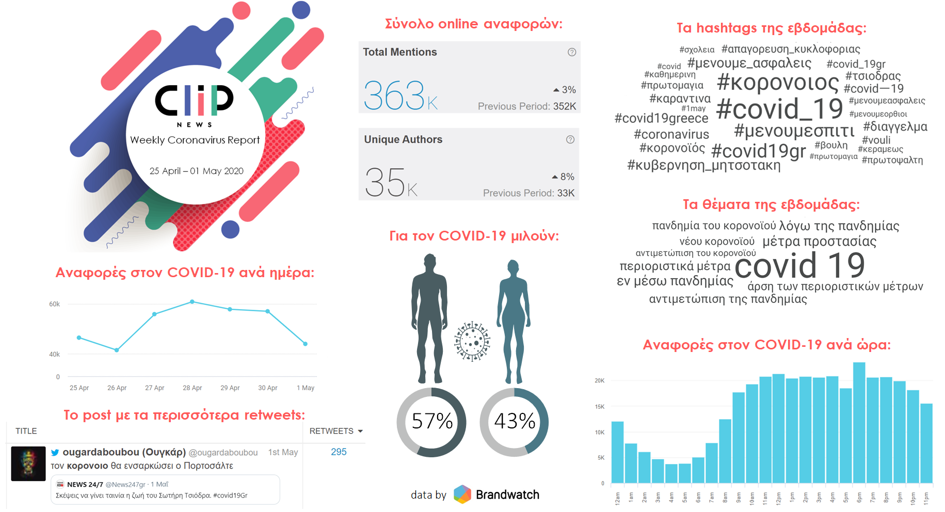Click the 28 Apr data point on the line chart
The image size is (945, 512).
(x=192, y=301)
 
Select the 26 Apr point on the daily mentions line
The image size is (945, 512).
(x=117, y=350)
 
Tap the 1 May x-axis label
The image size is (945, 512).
(x=306, y=388)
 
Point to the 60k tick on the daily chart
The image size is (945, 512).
(x=54, y=304)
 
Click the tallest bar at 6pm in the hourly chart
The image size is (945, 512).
(x=859, y=423)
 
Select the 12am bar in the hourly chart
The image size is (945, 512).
(x=617, y=452)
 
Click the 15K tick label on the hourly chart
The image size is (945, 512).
(x=599, y=407)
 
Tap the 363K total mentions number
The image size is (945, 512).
(x=401, y=95)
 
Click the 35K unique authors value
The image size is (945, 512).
(x=391, y=183)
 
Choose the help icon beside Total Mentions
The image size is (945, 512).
(x=572, y=52)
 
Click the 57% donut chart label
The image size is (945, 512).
(x=432, y=421)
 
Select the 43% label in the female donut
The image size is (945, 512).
(x=515, y=421)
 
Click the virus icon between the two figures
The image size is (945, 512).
(x=472, y=341)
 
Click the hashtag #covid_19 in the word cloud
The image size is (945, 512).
(x=779, y=109)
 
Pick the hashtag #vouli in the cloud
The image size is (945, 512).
(x=876, y=140)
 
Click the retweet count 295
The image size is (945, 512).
(x=339, y=452)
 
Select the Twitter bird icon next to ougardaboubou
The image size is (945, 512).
(x=55, y=453)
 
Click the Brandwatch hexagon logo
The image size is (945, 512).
(x=462, y=494)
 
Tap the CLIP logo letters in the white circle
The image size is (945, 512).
(x=195, y=100)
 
